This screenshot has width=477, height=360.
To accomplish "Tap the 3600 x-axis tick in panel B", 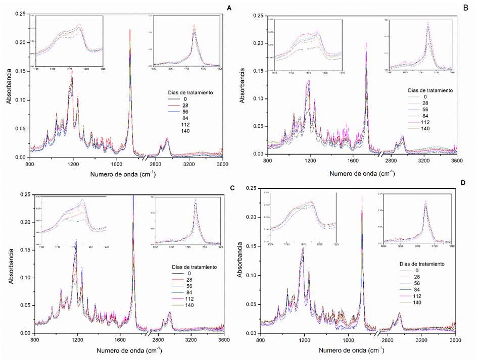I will coord(456,161).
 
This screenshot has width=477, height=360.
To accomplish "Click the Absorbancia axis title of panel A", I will coord(10,86).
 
